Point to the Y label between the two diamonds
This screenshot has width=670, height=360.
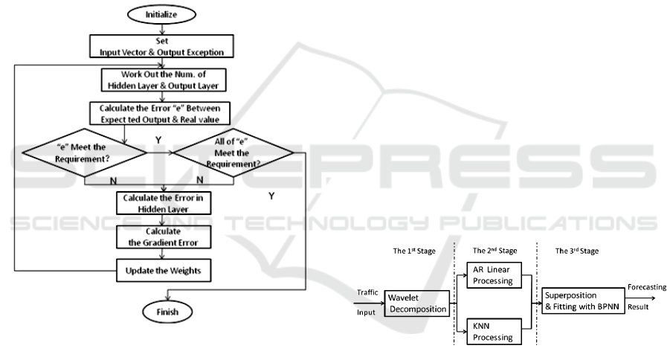[158, 138]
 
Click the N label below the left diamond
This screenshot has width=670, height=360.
[113, 179]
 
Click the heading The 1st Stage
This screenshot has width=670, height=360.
[415, 251]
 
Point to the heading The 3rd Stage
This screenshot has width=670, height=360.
[577, 251]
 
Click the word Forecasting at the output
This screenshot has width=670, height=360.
[646, 287]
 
